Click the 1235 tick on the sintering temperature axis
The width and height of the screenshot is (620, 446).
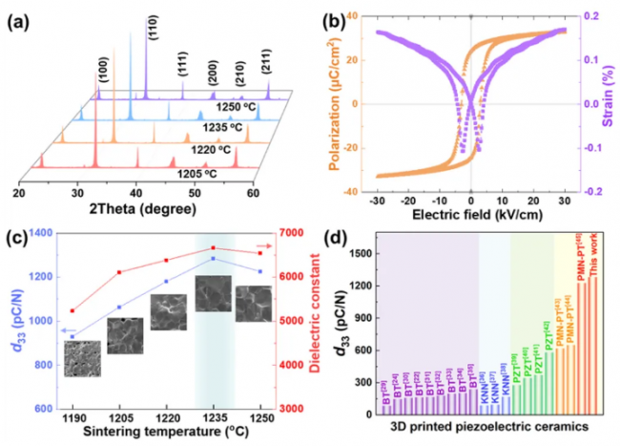coord(213,418)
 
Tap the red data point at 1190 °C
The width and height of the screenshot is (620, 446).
coord(72,310)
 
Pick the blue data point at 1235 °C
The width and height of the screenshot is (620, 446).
coord(213,258)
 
